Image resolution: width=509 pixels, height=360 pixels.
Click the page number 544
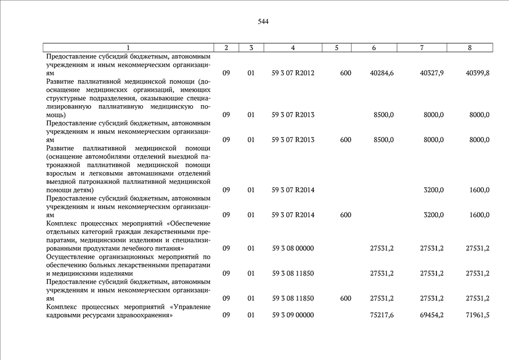[263, 22]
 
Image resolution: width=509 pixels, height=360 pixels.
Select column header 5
[336, 48]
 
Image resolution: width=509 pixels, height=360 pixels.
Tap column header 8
[470, 48]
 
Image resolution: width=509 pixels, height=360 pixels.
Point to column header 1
[128, 48]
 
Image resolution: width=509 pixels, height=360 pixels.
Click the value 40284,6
[382, 73]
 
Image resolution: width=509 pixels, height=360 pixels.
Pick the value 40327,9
[431, 73]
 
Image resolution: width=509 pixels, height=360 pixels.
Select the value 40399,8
[478, 73]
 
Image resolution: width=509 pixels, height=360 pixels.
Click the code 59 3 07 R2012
[292, 73]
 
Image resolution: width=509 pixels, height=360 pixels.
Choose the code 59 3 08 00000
[292, 248]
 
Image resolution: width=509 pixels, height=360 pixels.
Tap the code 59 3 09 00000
[292, 315]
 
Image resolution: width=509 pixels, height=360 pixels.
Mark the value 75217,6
[382, 315]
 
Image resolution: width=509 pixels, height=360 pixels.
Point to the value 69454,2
[431, 315]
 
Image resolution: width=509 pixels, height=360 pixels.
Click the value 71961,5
[478, 315]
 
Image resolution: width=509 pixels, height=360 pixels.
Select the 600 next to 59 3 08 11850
[346, 298]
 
